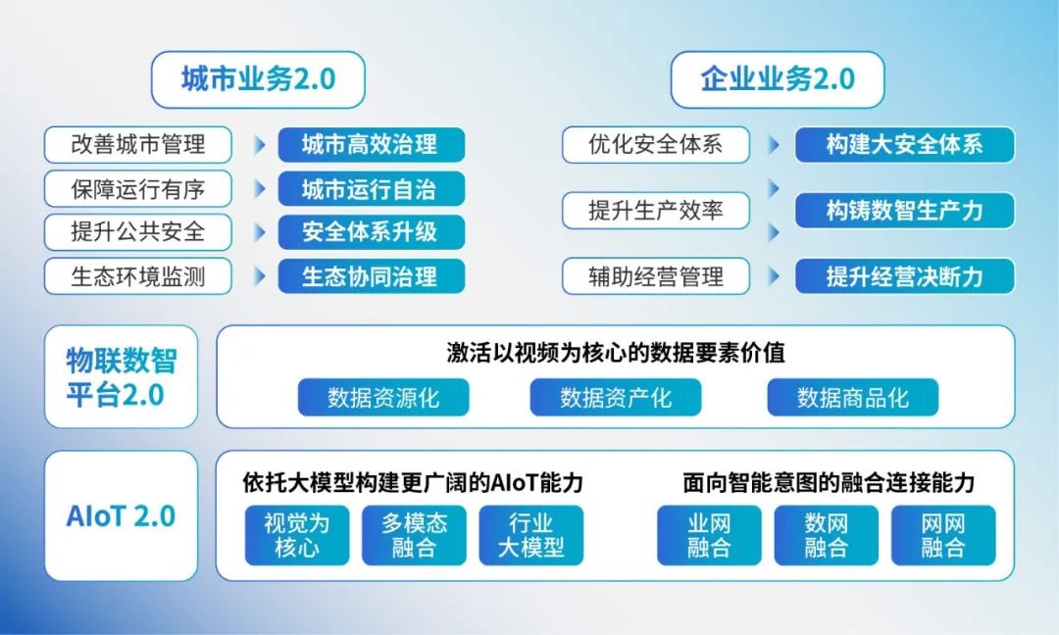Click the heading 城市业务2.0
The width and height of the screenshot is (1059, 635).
click(258, 79)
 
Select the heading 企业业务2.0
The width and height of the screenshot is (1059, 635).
click(778, 79)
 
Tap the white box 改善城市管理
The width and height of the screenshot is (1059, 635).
click(138, 145)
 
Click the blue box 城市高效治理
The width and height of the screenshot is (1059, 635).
click(370, 145)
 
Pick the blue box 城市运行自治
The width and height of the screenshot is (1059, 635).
click(370, 188)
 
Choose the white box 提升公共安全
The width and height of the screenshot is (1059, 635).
click(138, 232)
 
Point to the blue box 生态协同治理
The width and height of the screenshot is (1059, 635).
click(370, 276)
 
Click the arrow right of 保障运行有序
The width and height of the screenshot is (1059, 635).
click(260, 188)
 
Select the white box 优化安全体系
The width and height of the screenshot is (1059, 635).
click(655, 145)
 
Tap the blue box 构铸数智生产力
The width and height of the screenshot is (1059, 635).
click(904, 210)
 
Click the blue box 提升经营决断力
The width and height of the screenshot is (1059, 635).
click(904, 276)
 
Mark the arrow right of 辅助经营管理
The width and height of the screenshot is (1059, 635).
click(775, 276)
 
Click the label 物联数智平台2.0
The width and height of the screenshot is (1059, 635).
click(122, 377)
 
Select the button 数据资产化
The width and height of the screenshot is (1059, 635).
click(616, 398)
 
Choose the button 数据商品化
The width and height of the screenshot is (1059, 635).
click(852, 398)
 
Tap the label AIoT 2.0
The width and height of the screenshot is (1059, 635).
click(122, 516)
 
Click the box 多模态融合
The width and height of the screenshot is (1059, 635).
click(414, 535)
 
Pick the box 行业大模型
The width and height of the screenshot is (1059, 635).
click(530, 535)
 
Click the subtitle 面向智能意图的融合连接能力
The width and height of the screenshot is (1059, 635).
click(829, 483)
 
